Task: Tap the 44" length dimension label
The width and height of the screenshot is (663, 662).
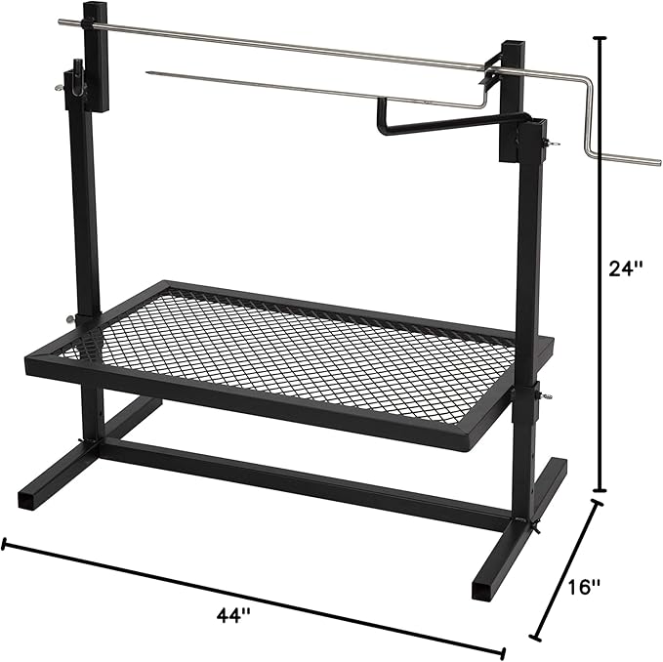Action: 233,616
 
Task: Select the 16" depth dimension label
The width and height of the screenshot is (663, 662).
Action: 582,588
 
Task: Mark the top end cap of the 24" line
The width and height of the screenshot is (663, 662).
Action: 600,39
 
